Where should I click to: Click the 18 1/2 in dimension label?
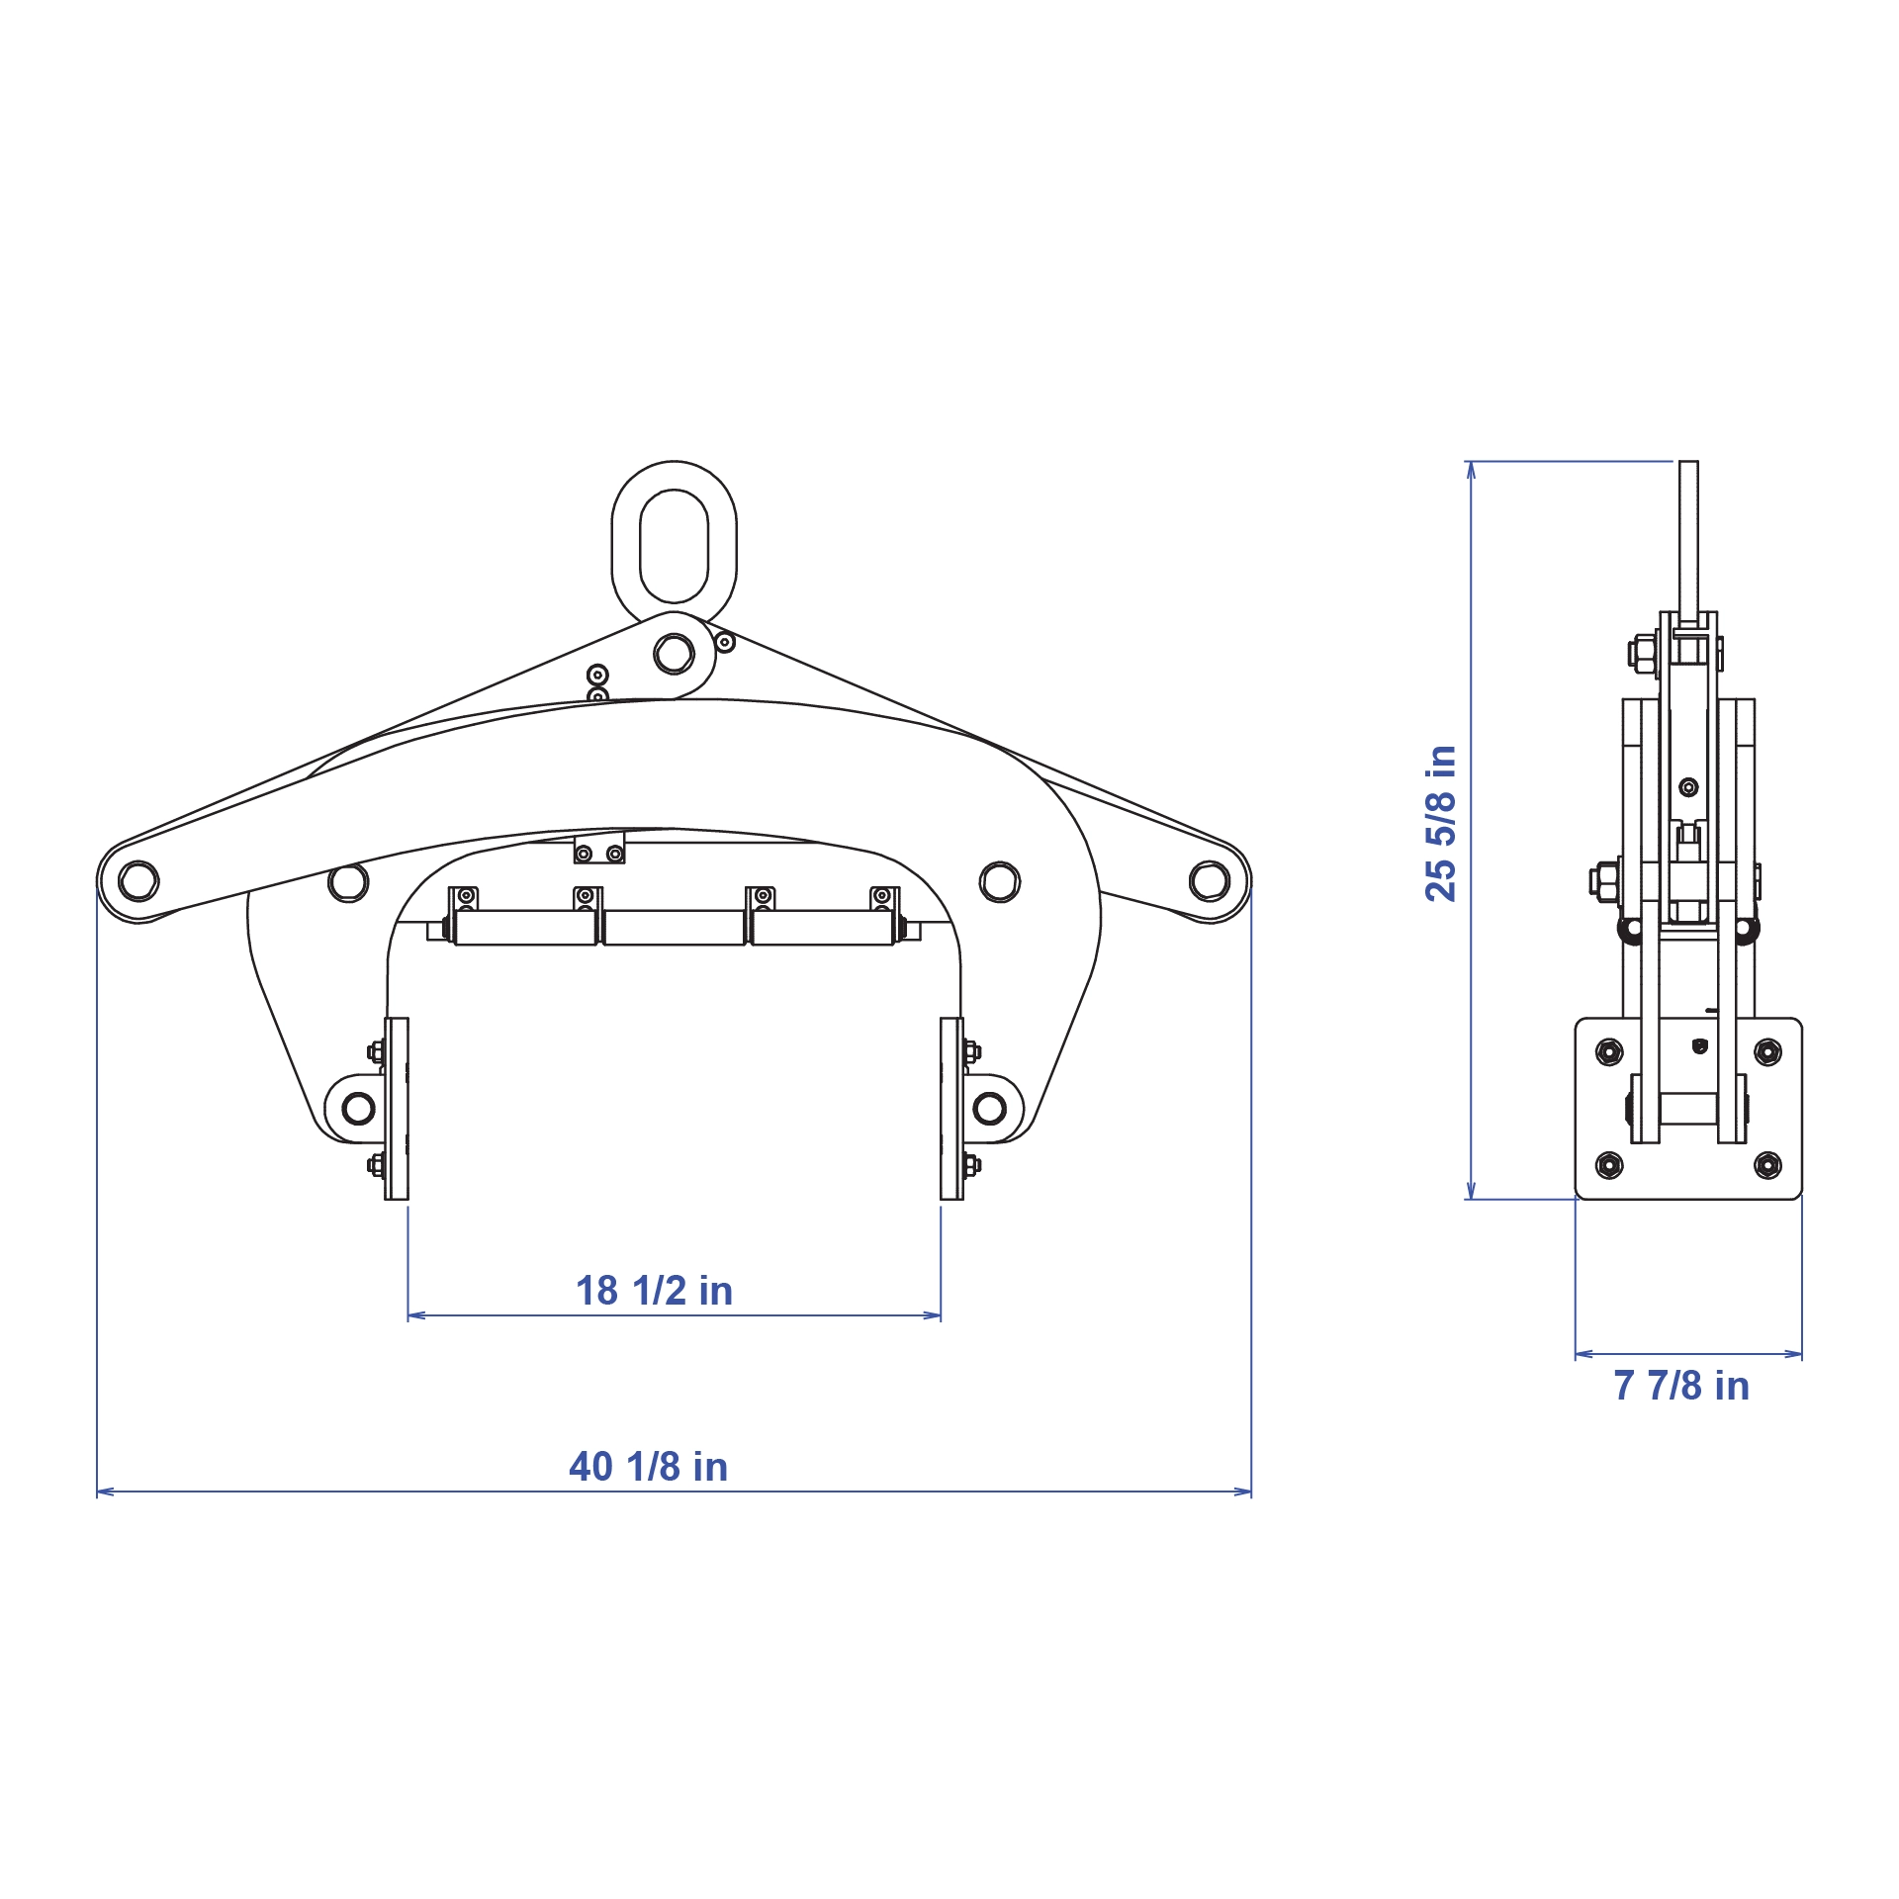654,1291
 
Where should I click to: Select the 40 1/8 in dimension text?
648,1467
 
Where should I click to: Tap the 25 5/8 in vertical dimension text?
1440,823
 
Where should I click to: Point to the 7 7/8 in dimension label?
1681,1386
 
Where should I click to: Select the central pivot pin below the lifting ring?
674,653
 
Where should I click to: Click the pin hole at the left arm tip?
138,880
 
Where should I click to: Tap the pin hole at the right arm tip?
1210,880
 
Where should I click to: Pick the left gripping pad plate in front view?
397,1109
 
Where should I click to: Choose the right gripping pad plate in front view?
951,1109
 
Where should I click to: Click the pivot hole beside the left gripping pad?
358,1109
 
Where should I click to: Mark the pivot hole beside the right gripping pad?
989,1109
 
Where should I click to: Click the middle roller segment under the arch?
674,928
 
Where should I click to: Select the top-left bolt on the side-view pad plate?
1609,1052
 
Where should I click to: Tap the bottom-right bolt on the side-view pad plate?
1767,1164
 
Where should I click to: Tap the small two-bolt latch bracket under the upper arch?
599,850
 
